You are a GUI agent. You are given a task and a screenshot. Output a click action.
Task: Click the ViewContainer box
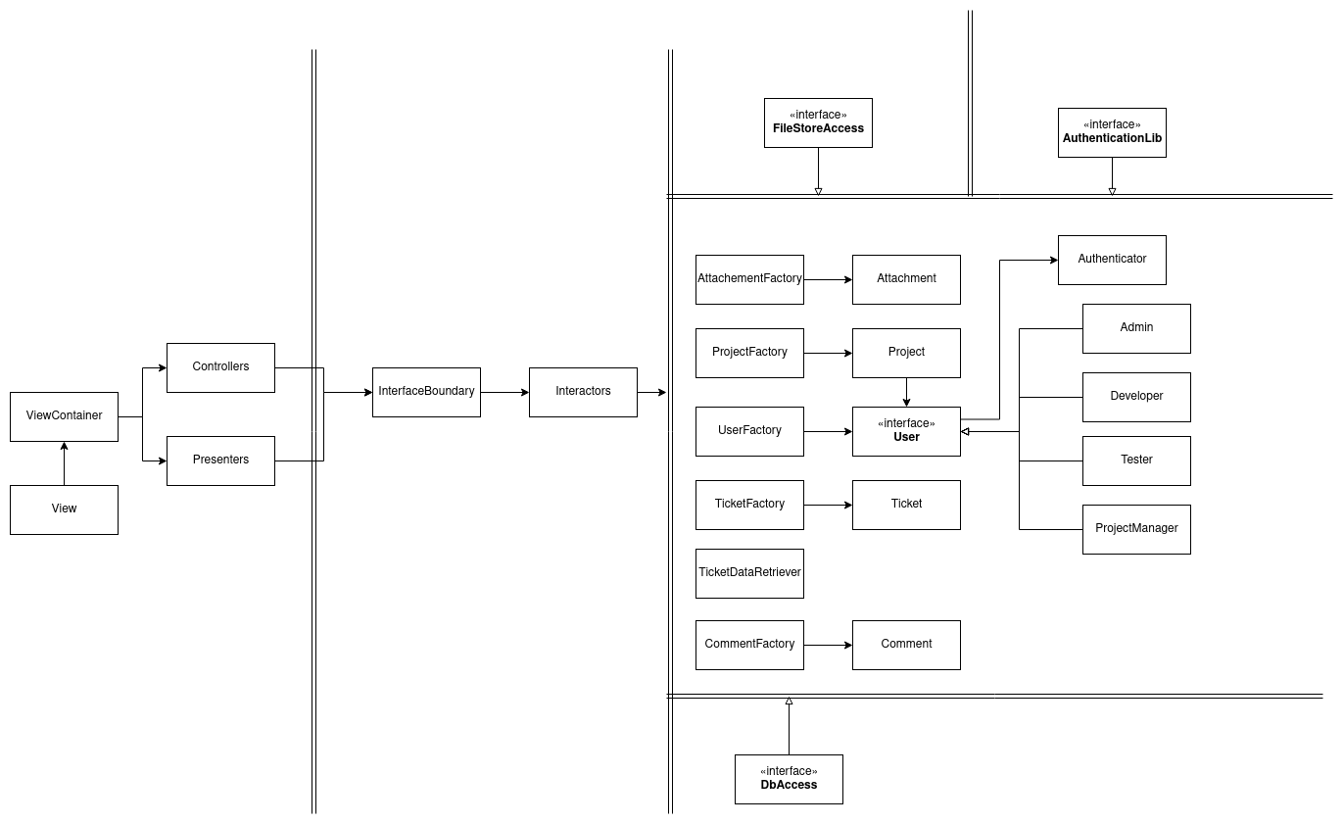point(64,416)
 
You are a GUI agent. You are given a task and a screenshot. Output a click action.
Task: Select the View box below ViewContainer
point(64,509)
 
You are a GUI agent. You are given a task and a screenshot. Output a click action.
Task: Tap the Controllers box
point(220,367)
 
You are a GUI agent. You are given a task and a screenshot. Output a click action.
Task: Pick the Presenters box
point(220,460)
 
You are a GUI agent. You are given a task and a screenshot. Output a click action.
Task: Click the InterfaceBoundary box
point(426,392)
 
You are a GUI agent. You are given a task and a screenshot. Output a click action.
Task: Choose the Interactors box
point(583,392)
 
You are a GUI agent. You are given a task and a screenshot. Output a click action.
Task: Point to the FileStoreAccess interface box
point(818,122)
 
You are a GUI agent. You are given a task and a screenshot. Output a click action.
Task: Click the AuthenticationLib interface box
point(1112,132)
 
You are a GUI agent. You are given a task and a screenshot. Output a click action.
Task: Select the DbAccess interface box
point(789,779)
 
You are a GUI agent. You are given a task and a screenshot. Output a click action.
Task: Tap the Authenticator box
point(1112,260)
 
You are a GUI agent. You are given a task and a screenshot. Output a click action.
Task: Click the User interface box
point(906,431)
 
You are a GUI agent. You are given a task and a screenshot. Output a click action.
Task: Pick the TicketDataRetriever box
point(749,573)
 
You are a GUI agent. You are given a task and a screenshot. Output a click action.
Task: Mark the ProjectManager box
point(1136,529)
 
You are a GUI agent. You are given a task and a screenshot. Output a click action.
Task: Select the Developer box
point(1136,397)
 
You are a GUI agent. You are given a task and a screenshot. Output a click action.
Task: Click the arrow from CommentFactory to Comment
point(828,645)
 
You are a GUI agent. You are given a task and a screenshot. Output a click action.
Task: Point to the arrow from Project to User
point(906,392)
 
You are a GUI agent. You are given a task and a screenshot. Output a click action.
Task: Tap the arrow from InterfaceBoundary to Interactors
point(504,392)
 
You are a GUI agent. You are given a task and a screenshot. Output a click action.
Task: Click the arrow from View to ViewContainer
point(64,463)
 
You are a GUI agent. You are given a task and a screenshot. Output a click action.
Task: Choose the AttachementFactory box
point(749,279)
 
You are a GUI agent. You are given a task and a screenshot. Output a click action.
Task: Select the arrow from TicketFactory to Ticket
point(828,505)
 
